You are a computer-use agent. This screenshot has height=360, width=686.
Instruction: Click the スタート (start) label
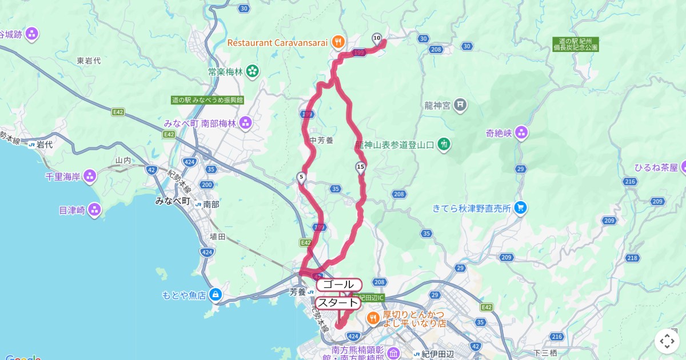(x=338, y=303)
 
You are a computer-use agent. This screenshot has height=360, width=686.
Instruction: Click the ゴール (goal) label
(x=338, y=285)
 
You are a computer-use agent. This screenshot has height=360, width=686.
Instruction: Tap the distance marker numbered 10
(x=376, y=38)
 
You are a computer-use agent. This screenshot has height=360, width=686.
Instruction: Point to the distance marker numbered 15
(x=360, y=167)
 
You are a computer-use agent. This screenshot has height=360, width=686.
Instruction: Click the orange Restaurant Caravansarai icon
(x=338, y=41)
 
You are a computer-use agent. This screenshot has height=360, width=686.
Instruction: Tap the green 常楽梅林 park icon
(x=252, y=72)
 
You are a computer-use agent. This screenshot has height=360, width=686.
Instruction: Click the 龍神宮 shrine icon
(x=461, y=105)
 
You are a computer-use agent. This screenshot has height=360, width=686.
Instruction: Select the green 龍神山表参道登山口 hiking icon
(x=444, y=145)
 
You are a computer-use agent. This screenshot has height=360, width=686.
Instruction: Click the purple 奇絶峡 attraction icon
(x=521, y=133)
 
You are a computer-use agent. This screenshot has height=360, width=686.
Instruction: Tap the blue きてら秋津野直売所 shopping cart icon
(x=519, y=208)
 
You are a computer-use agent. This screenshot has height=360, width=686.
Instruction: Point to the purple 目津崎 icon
(x=94, y=210)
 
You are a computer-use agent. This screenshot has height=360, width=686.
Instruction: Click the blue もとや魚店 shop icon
(x=215, y=295)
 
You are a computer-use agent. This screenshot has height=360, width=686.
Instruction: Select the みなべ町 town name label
(x=172, y=201)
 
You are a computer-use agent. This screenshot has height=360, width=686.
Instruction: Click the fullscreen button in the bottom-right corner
(x=667, y=341)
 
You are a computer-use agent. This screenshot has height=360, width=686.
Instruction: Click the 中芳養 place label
(x=321, y=140)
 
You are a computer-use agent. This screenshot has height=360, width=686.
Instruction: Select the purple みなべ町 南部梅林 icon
(x=246, y=122)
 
